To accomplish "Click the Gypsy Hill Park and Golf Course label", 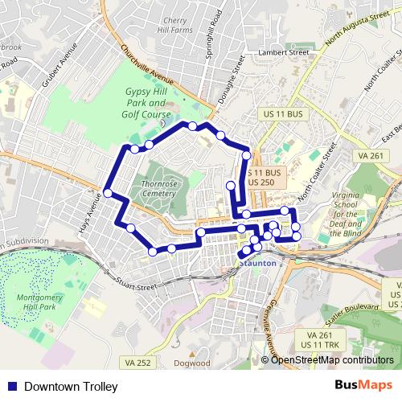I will (146, 104).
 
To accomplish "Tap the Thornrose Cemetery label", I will (158, 189).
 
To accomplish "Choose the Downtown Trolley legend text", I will (71, 387).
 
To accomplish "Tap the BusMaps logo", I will (363, 387).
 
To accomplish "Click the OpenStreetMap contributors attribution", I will (331, 361).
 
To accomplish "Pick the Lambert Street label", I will (283, 53).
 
